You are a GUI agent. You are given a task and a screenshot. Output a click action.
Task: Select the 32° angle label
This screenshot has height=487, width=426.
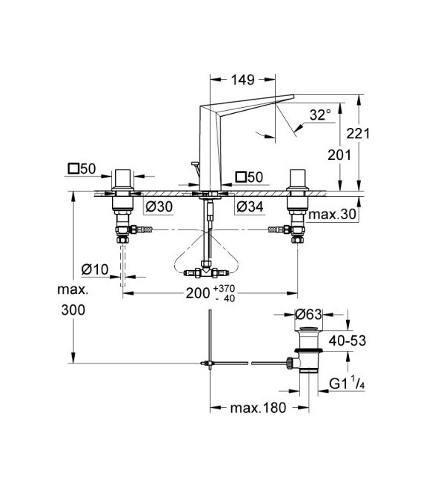[319, 115]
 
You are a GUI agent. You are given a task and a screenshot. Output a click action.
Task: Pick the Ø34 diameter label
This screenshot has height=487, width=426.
[250, 206]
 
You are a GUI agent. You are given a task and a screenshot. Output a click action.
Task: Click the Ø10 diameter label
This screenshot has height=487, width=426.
[95, 269]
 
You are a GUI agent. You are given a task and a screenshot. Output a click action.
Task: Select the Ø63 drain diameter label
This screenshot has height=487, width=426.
[309, 314]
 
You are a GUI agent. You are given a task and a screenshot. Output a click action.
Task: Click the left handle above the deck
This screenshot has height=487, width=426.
[123, 180]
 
